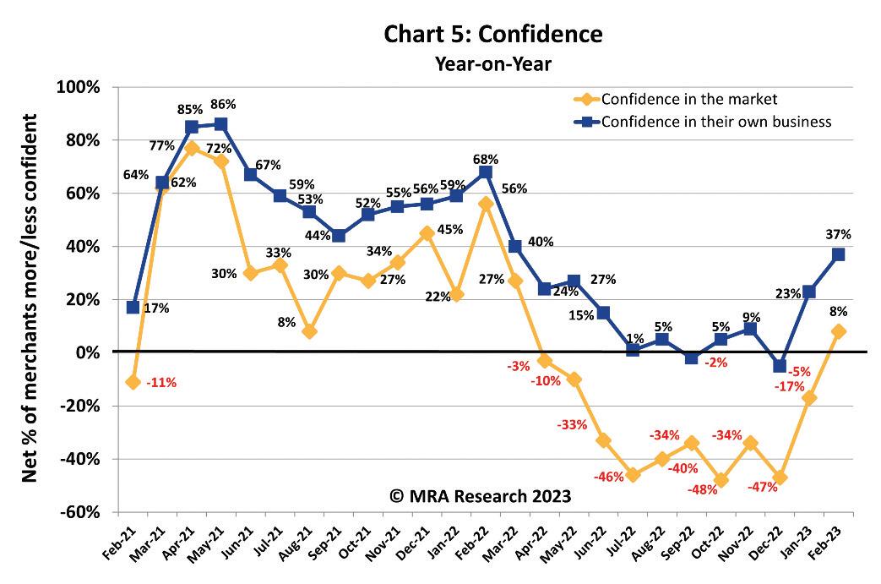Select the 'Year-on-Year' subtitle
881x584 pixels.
pos(492,63)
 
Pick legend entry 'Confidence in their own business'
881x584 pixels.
pos(717,122)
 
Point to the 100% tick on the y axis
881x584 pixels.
pos(79,87)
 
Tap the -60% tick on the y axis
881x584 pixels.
pos(79,512)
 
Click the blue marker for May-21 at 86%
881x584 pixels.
pos(221,124)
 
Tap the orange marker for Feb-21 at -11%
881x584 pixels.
pos(133,382)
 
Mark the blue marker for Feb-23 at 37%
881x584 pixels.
pos(839,254)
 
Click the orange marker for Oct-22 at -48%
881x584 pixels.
pos(721,480)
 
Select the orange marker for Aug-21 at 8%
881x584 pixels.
pos(309,331)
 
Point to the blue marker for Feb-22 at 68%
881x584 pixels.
pos(486,172)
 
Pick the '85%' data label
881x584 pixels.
pos(190,109)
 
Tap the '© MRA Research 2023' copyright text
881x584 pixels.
pos(480,496)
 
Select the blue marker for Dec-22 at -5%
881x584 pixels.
pos(780,366)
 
